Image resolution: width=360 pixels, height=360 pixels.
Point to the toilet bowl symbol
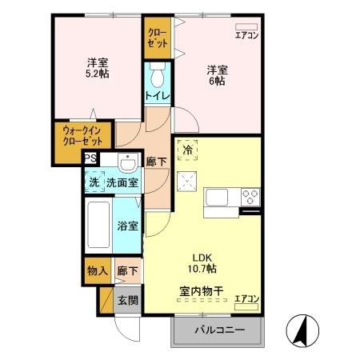pyautogui.click(x=157, y=78)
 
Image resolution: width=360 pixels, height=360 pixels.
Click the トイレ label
pyautogui.click(x=156, y=96)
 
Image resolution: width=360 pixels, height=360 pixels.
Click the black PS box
pyautogui.click(x=92, y=158)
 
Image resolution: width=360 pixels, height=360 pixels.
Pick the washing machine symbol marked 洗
pyautogui.click(x=94, y=181)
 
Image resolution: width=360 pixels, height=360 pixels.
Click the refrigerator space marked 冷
pyautogui.click(x=188, y=150)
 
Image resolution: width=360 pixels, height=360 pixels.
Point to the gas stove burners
pyautogui.click(x=250, y=196)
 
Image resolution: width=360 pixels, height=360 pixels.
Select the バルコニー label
pyautogui.click(x=217, y=330)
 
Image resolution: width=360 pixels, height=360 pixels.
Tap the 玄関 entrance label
pyautogui.click(x=128, y=301)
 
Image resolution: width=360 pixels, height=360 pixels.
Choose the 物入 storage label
pyautogui.click(x=97, y=270)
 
